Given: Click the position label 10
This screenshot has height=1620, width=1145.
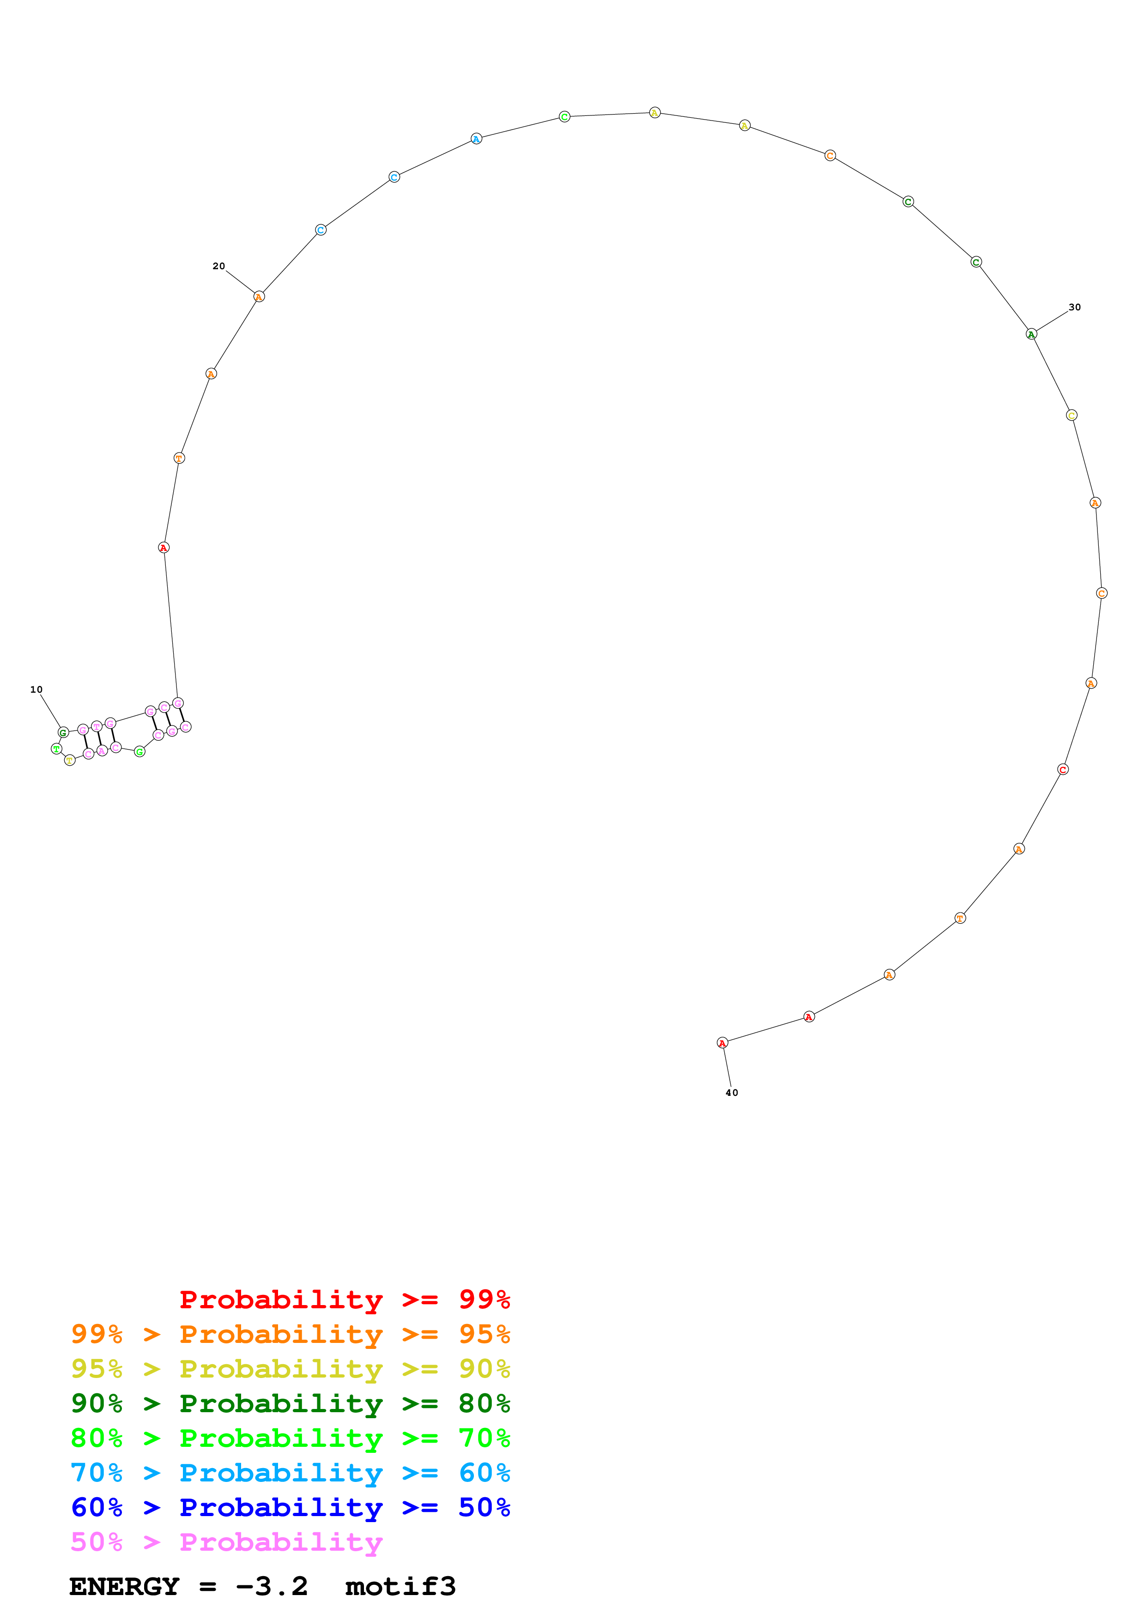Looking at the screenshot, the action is [36, 689].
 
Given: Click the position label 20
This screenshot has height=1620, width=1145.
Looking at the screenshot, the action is [218, 266].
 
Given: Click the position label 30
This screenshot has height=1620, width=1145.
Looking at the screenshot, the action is [1074, 307].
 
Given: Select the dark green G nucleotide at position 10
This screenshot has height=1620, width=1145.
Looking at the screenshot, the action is [63, 732].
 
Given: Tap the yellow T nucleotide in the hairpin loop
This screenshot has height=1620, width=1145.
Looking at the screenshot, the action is [69, 760].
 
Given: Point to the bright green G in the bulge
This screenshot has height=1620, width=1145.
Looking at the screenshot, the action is [139, 751].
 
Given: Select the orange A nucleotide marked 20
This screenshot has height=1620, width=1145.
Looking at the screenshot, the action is [259, 297].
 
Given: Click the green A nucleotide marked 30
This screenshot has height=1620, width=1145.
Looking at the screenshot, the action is [1031, 334].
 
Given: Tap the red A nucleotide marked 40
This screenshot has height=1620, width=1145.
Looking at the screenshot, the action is [722, 1043].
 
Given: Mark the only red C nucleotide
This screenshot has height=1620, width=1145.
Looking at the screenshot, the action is [1063, 769].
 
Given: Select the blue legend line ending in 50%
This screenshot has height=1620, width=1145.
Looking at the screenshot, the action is [290, 1508].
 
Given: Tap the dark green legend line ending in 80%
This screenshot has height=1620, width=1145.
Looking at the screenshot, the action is [290, 1403].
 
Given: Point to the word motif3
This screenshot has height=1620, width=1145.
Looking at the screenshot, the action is [400, 1587].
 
